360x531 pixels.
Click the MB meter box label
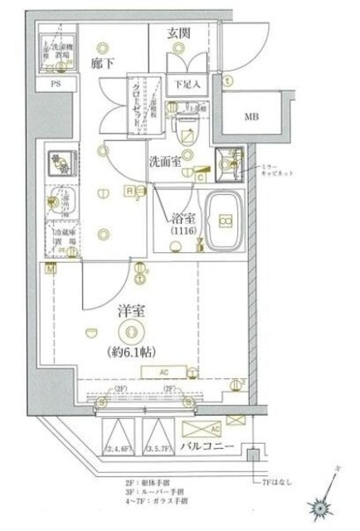pos(251,115)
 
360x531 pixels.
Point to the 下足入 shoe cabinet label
pos(186,83)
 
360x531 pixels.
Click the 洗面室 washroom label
pos(165,162)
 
